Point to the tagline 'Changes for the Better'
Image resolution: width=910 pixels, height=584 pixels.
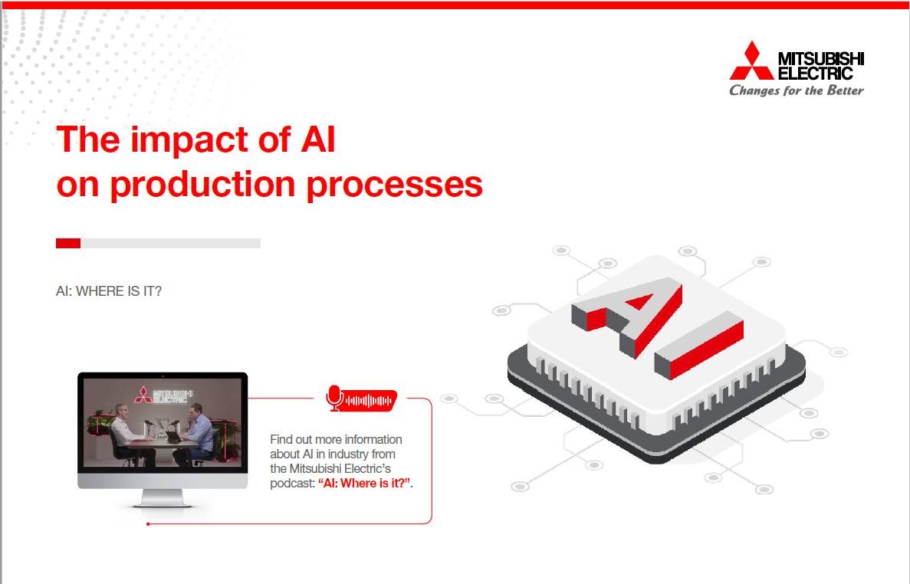796,90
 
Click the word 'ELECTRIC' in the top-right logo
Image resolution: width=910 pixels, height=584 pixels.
815,74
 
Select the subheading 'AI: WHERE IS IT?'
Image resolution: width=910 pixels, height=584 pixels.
109,293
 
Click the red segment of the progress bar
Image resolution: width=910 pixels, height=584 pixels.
68,243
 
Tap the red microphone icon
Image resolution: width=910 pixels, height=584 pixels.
334,398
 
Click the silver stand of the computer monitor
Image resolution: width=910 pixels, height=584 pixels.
163,499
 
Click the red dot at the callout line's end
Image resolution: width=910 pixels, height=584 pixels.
147,524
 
